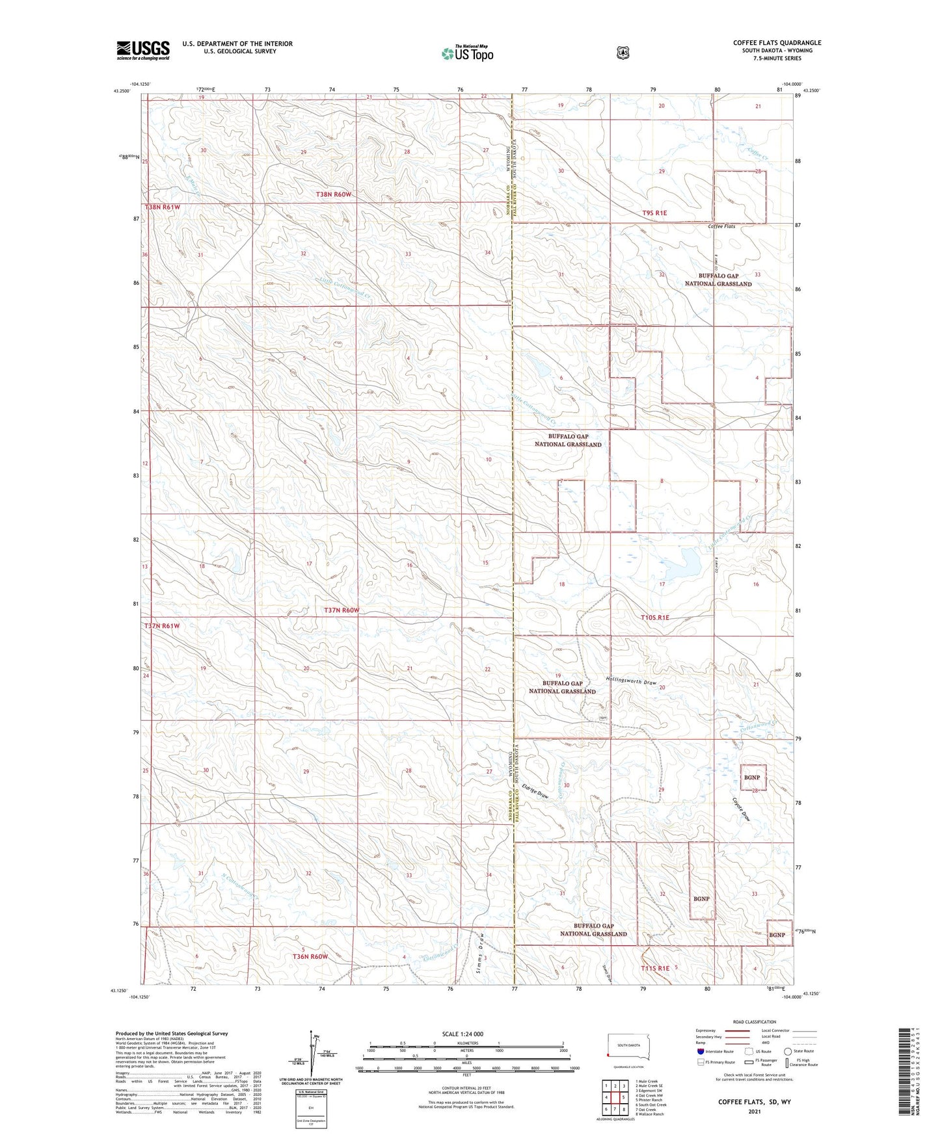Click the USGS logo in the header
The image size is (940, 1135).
click(143, 50)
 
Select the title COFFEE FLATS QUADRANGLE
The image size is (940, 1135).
click(777, 43)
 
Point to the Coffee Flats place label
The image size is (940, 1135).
click(721, 226)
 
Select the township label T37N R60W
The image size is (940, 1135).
click(342, 610)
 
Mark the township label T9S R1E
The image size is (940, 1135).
click(654, 213)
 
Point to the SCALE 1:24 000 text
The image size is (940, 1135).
click(463, 1034)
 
